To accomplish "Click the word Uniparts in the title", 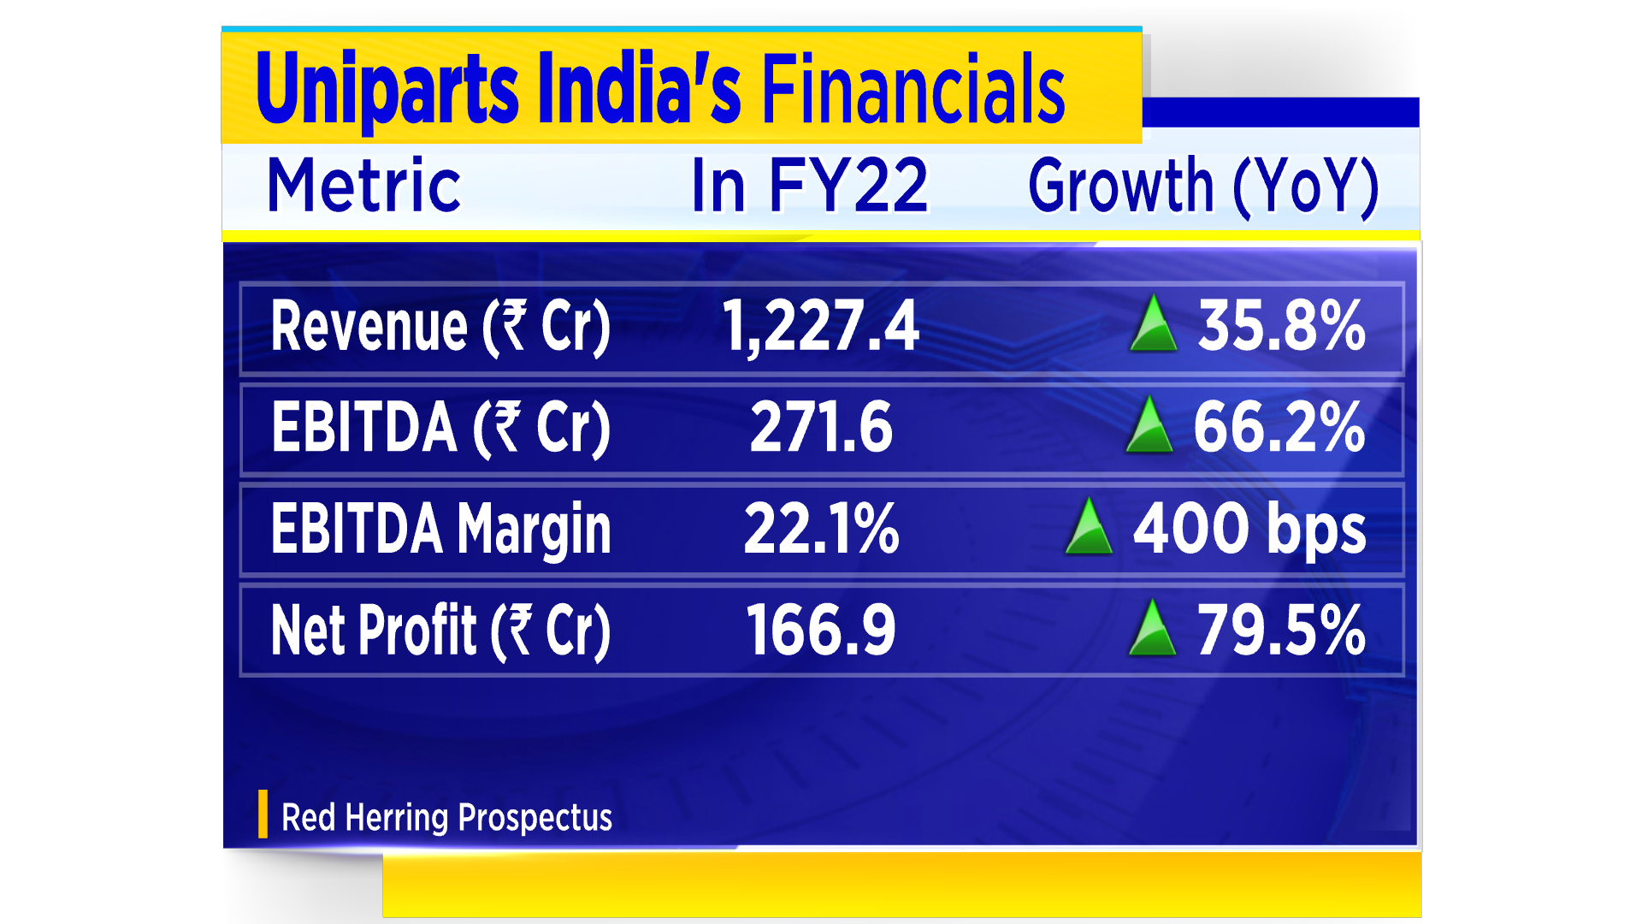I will point(387,89).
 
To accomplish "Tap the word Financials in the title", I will point(913,89).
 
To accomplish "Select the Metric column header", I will point(363,186).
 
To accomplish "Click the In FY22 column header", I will point(809,186).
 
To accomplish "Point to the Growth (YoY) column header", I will point(1203,186).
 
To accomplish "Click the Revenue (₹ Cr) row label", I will point(440,327).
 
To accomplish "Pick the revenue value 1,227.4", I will point(820,327).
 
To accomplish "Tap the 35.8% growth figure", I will point(1281,327).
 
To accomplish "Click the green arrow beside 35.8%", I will point(1153,325).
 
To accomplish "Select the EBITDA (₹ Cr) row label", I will point(440,428).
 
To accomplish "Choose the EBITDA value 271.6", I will point(821,428).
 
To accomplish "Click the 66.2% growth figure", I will point(1279,428).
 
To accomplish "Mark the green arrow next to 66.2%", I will point(1149,426).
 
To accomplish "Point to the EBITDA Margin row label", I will point(440,530).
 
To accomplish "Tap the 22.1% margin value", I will point(821,530).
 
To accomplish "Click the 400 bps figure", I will point(1249,530).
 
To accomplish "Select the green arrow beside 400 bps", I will point(1089,528).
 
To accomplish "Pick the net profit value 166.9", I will point(821,631).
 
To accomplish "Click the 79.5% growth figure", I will point(1280,631).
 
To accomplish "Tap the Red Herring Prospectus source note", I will point(446,818).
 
